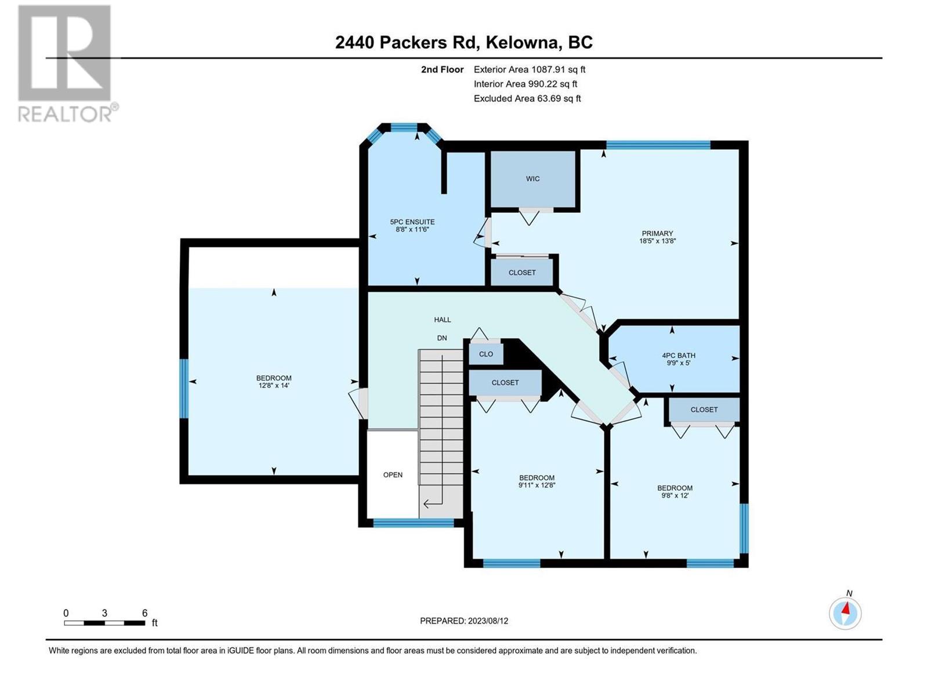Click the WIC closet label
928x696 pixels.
532,179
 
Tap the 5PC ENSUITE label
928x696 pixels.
412,222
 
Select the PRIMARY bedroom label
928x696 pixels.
657,233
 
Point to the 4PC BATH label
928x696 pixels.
679,356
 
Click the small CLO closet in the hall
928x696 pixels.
486,354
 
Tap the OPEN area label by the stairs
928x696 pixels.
393,474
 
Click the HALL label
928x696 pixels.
442,320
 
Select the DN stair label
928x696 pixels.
442,338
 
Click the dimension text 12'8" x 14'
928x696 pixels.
274,385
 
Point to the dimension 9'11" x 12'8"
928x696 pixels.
536,485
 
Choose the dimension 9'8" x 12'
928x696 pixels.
675,495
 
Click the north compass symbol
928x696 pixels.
845,614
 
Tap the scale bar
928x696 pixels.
104,623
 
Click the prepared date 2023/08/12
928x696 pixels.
487,621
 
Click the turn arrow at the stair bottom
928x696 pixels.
433,503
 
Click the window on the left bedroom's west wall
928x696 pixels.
184,389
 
